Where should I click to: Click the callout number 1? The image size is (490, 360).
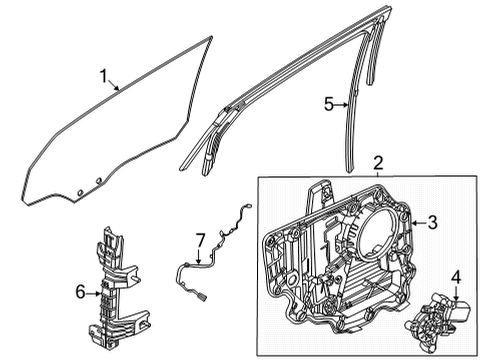coord(103,75)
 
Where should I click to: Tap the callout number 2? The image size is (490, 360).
coord(377,163)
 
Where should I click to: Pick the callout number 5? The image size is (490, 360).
coord(326,102)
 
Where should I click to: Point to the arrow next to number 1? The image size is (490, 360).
coord(114,85)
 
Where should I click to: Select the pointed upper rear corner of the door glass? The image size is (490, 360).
coord(212,38)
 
